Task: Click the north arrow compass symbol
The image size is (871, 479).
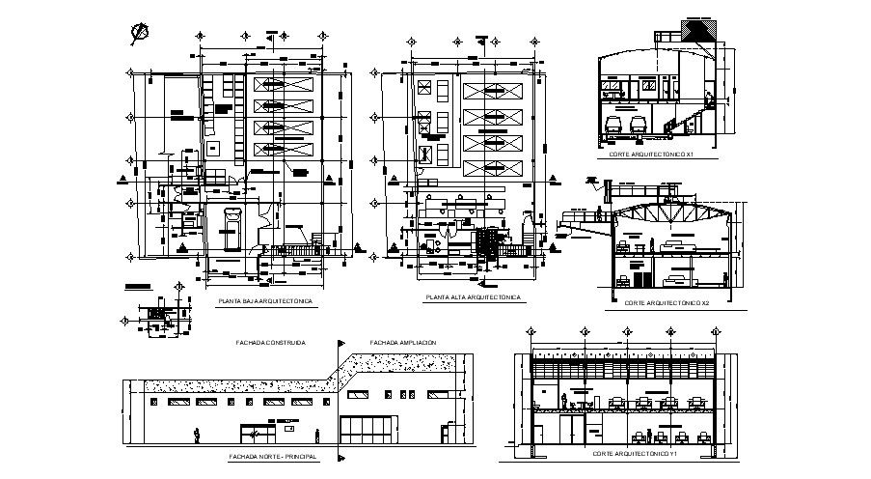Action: [x=140, y=32]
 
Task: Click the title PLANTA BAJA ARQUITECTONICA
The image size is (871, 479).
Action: [x=264, y=302]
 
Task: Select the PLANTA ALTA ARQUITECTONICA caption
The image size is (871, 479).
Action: [x=473, y=297]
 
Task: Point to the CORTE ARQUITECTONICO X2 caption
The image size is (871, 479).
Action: [x=667, y=302]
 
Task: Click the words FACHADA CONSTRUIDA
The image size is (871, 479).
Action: [x=271, y=342]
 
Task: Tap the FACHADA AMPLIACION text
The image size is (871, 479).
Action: [x=403, y=342]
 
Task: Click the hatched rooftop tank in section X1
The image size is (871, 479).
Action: [x=696, y=30]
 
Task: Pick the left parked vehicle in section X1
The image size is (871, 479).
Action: [x=612, y=127]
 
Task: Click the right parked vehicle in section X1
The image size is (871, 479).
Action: [x=637, y=127]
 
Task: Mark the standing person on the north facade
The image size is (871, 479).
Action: [x=197, y=435]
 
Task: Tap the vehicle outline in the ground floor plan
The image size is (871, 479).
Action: [x=231, y=230]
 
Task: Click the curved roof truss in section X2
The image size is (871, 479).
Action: [x=670, y=214]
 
